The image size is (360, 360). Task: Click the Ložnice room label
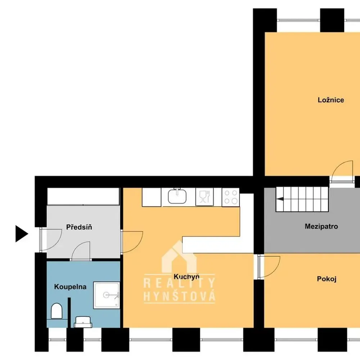click(331, 100)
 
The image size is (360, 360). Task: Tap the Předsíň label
click(79, 227)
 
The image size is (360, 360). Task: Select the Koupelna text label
click(70, 287)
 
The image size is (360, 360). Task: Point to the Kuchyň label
click(186, 276)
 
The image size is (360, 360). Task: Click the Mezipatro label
click(321, 226)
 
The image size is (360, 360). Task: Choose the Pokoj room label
click(327, 279)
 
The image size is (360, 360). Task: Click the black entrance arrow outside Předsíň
click(22, 234)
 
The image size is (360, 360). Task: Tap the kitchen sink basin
click(177, 196)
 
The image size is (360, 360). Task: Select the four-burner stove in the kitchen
click(231, 197)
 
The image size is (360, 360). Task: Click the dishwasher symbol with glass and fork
click(204, 197)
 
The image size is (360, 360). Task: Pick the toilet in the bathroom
click(57, 311)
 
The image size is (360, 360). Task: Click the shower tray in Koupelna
click(107, 295)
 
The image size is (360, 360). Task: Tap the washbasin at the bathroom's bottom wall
click(83, 322)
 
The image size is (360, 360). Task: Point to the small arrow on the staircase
click(280, 199)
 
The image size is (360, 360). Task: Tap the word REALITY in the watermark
click(179, 283)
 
